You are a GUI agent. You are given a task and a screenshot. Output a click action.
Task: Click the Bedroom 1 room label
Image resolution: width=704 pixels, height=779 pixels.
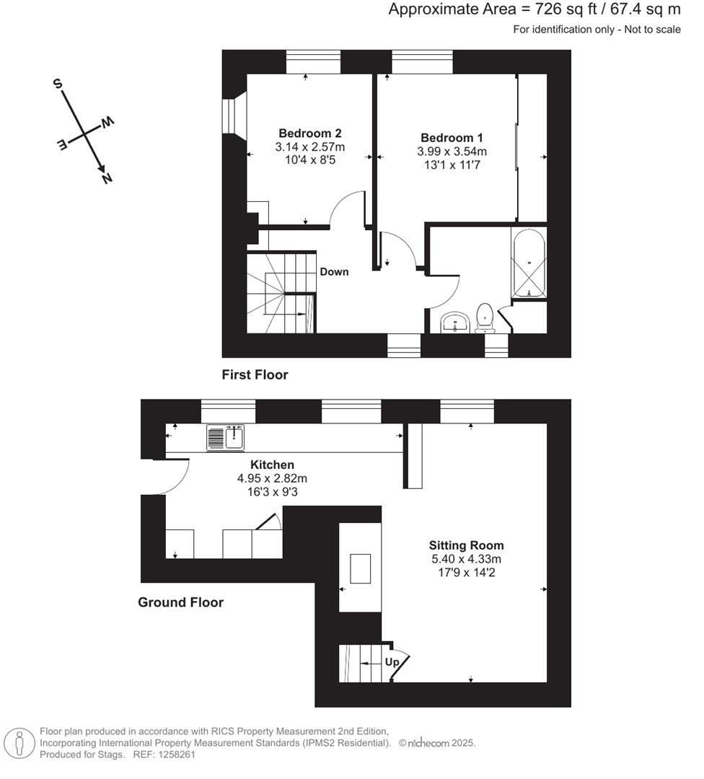(x=452, y=138)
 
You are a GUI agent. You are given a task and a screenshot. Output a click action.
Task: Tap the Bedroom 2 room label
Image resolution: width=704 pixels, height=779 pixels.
(x=309, y=133)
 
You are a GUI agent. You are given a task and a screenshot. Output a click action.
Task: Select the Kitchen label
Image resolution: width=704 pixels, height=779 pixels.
(x=272, y=465)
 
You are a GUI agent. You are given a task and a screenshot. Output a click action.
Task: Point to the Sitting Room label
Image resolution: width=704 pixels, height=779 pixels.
(x=466, y=545)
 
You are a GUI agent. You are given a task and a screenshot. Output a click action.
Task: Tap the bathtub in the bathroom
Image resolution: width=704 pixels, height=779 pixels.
(x=529, y=263)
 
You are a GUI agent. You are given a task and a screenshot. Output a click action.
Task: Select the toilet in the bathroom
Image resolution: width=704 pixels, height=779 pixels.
(x=485, y=318)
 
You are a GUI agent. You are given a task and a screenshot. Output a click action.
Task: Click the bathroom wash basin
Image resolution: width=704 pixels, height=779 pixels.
(x=454, y=322)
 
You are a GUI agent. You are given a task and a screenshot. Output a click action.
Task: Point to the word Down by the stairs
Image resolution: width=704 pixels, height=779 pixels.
(x=334, y=272)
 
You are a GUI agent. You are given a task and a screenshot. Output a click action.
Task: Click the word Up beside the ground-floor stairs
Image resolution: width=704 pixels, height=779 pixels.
(x=392, y=661)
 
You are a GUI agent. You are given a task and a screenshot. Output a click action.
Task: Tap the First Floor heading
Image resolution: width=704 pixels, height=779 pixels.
(x=255, y=375)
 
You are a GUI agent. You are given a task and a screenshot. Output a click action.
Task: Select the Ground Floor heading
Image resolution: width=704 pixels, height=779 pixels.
(x=180, y=602)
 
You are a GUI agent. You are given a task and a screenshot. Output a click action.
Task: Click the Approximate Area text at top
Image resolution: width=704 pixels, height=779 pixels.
(x=534, y=9)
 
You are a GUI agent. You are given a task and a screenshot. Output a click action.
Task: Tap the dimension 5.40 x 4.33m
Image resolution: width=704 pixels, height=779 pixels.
(x=466, y=559)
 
